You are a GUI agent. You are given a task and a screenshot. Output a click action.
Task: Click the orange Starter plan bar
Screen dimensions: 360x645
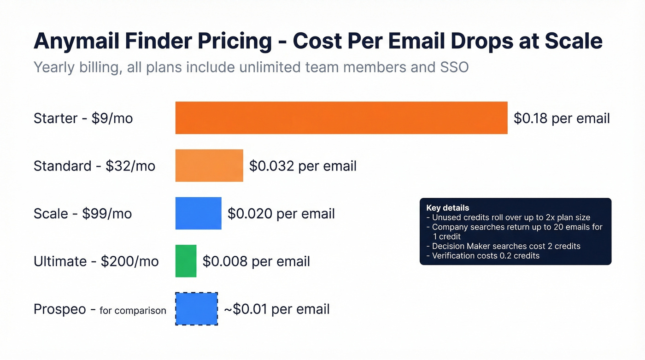coord(341,118)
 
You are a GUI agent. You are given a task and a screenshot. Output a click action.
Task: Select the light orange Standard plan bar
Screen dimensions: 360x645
coord(209,165)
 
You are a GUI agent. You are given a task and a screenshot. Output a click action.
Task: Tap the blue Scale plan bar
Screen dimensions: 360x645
coord(198,213)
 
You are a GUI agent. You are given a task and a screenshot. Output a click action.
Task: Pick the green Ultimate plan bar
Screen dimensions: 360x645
coord(186,261)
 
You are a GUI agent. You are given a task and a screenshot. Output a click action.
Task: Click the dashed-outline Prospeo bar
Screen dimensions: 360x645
coord(196,309)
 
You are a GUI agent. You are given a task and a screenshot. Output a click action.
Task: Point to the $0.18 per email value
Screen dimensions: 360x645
coord(562,118)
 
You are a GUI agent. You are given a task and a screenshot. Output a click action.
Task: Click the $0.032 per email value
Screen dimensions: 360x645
coord(303,166)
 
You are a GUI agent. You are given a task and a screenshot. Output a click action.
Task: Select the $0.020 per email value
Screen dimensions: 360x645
coord(281,214)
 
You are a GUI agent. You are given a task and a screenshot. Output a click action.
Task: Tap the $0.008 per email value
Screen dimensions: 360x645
coord(256,261)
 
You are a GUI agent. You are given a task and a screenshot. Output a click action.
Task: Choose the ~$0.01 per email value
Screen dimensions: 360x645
coord(276,309)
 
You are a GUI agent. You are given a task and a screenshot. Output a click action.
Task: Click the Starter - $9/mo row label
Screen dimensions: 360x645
coord(83,118)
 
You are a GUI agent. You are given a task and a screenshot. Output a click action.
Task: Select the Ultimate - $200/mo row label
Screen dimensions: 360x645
coord(96,261)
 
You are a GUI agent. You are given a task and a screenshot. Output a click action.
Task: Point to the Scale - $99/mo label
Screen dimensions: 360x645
coord(82,214)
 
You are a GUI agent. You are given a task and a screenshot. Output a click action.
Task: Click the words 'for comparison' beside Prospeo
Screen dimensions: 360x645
coord(133,311)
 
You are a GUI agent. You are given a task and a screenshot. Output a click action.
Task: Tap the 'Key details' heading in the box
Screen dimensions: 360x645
coord(447,208)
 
